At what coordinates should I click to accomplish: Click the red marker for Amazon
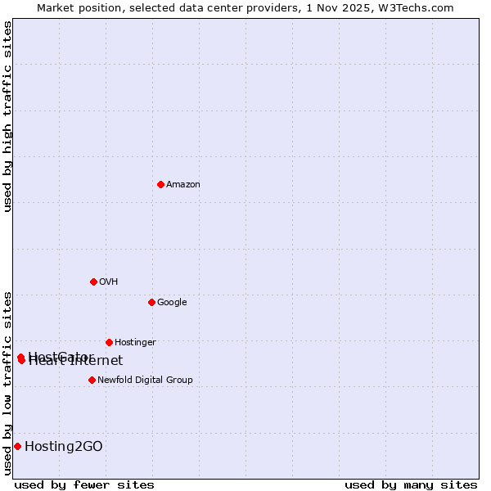pyautogui.click(x=160, y=184)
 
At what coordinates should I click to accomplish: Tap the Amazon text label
pyautogui.click(x=183, y=185)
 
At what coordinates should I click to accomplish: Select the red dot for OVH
pyautogui.click(x=93, y=282)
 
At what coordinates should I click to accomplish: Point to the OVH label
pyautogui.click(x=109, y=282)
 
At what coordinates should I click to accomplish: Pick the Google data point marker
pyautogui.click(x=151, y=302)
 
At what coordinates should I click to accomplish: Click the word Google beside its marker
pyautogui.click(x=172, y=303)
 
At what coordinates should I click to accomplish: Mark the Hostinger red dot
pyautogui.click(x=109, y=342)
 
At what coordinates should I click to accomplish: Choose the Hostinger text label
pyautogui.click(x=135, y=343)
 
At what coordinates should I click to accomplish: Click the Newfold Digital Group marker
pyautogui.click(x=92, y=380)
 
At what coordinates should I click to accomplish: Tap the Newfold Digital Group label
pyautogui.click(x=145, y=381)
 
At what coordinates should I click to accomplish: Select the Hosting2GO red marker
pyautogui.click(x=17, y=446)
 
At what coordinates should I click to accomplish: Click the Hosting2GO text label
pyautogui.click(x=64, y=446)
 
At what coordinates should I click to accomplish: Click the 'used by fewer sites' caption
pyautogui.click(x=84, y=484)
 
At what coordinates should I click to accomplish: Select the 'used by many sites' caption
pyautogui.click(x=411, y=484)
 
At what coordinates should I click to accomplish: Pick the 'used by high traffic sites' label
pyautogui.click(x=7, y=116)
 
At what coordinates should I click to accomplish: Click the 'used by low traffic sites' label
pyautogui.click(x=7, y=382)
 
